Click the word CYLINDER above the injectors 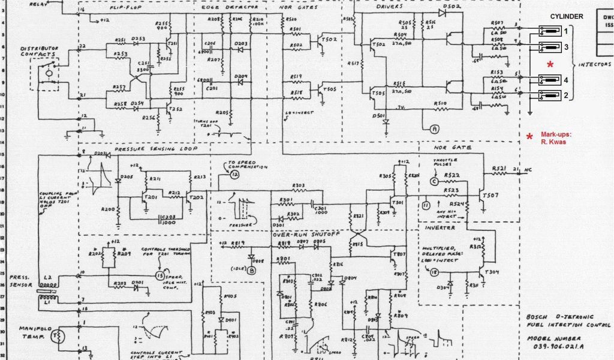[567, 17]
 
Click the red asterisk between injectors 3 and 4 [550, 64]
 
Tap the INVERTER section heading [440, 228]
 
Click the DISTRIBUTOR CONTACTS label [40, 52]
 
